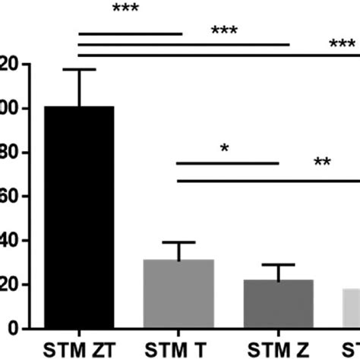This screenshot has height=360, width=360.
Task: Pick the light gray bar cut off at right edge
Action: pyautogui.click(x=351, y=308)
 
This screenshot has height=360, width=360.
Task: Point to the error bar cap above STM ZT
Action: pyautogui.click(x=79, y=70)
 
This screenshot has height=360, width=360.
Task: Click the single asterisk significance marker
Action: pyautogui.click(x=225, y=148)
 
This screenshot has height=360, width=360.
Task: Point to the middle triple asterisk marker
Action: pyautogui.click(x=225, y=31)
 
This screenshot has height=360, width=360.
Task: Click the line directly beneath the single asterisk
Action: pyautogui.click(x=228, y=163)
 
